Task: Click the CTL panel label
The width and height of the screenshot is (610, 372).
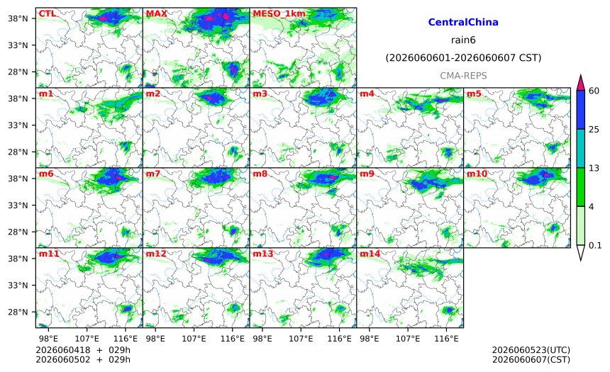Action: [x=47, y=13]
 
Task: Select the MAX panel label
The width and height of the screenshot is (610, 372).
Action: [x=156, y=13]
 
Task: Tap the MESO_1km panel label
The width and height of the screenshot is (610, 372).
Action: [x=279, y=14]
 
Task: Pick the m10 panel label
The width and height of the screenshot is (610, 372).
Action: [x=477, y=174]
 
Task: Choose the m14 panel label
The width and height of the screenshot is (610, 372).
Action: [x=370, y=254]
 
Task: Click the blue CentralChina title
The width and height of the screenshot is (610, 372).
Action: [x=463, y=22]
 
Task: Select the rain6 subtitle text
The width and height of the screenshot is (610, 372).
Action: [x=463, y=40]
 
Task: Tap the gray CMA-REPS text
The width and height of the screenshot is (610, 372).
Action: [x=463, y=76]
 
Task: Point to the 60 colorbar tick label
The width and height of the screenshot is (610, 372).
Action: [x=594, y=91]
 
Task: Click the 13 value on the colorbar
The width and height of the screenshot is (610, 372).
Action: [x=594, y=168]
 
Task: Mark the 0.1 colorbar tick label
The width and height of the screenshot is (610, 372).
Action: [x=595, y=245]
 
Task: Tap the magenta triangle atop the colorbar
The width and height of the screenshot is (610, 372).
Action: [x=580, y=83]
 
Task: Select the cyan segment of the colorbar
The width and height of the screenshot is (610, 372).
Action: [x=580, y=149]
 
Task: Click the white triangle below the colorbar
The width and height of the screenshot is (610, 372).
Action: [x=580, y=252]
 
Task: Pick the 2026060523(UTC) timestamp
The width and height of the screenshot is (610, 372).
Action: [x=531, y=350]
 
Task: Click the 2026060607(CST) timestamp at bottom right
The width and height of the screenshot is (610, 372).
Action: [x=531, y=359]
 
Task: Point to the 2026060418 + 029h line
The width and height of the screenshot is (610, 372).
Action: [x=83, y=350]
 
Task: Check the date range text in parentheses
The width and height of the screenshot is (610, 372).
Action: [x=463, y=58]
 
